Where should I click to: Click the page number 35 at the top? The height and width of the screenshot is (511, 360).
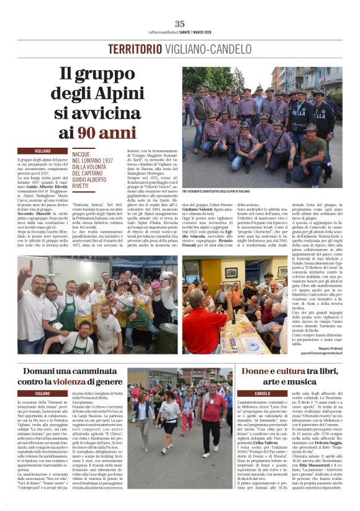click(180, 23)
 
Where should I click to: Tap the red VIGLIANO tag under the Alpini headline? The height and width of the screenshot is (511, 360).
click(43, 151)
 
